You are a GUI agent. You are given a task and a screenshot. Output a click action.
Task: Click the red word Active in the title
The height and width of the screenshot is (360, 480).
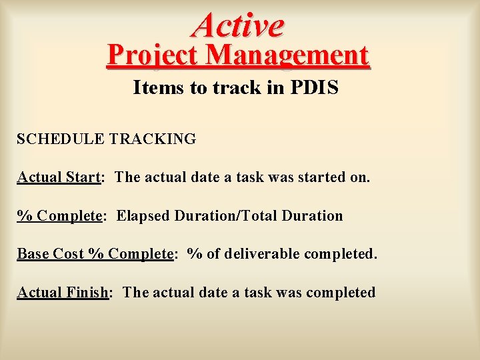(x=238, y=25)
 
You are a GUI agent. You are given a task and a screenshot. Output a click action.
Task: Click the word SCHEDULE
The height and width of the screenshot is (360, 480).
(x=60, y=139)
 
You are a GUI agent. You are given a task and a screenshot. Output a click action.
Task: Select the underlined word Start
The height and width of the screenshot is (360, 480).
(x=83, y=177)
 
